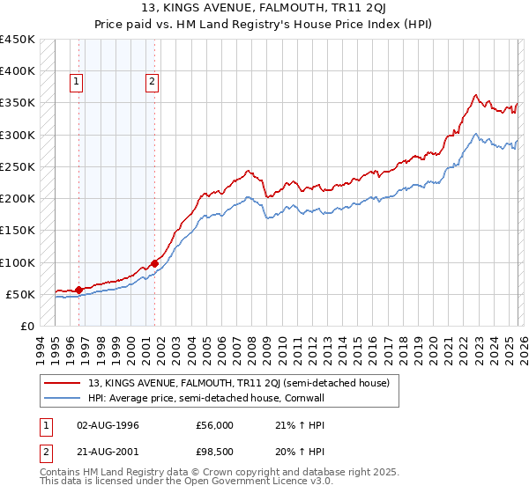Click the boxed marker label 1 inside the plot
77,82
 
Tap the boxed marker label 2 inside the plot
152,82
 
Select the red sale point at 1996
79,290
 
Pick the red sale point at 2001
154,262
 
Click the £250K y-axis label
18,166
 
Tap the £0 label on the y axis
26,326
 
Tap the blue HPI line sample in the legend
64,397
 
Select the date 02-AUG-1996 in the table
108,426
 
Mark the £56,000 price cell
215,426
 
